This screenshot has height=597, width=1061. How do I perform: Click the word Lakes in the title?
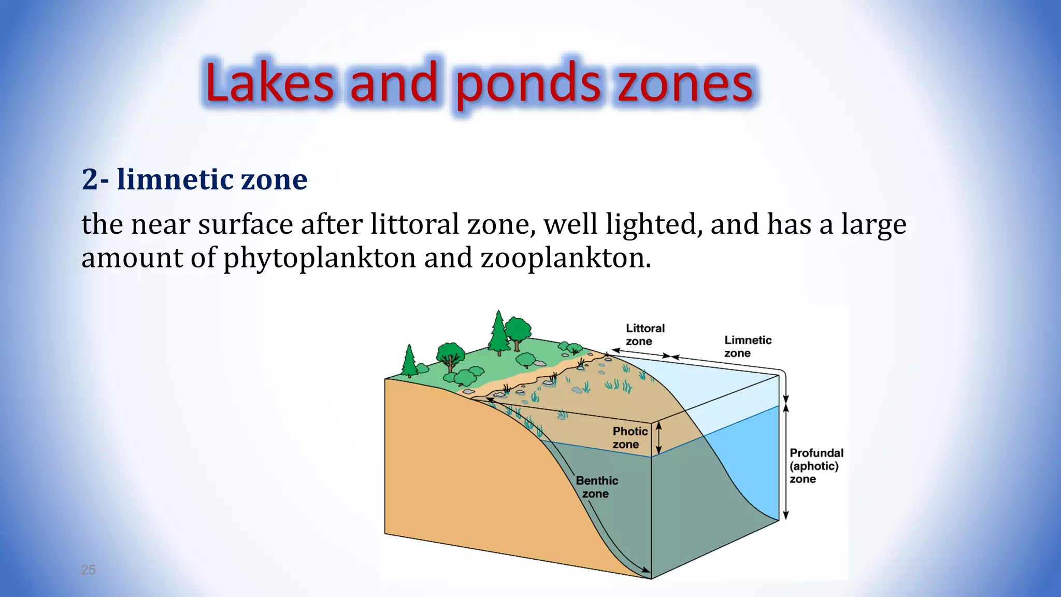[269, 83]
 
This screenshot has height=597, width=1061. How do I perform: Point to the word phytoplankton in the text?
[320, 258]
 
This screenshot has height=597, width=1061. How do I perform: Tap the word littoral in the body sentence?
[414, 224]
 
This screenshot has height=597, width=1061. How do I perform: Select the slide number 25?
[88, 570]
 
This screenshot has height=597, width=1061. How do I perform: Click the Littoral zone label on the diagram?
[644, 334]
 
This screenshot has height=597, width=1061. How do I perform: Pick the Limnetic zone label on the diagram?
[747, 346]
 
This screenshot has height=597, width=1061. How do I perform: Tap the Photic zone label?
[629, 437]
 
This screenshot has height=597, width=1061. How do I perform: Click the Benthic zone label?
[597, 487]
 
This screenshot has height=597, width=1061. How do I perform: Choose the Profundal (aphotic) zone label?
[815, 465]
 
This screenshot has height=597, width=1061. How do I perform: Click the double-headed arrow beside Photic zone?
[659, 437]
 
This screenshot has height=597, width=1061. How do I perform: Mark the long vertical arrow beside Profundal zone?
[785, 461]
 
